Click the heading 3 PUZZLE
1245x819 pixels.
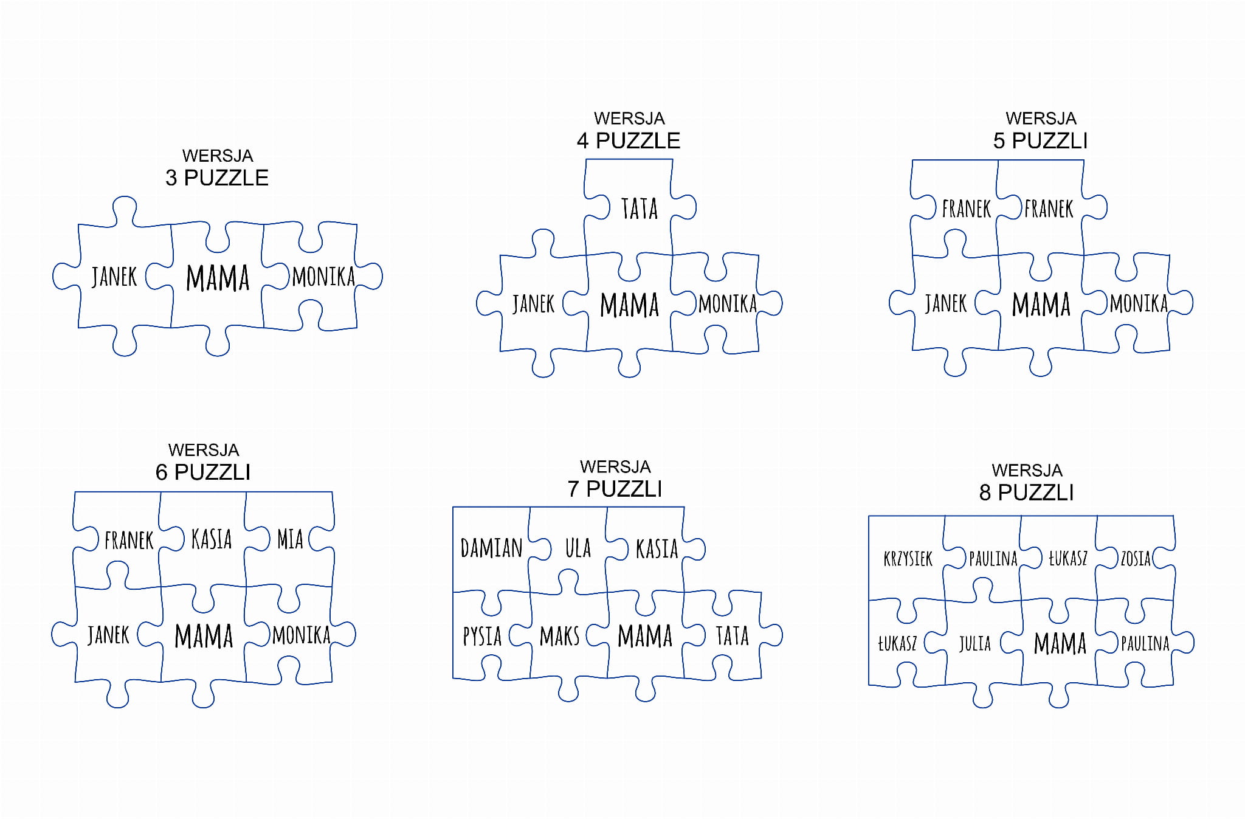click(x=217, y=178)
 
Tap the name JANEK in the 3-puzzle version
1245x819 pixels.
click(x=114, y=277)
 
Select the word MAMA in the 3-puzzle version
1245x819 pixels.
click(x=218, y=278)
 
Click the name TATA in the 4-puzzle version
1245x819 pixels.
click(x=640, y=209)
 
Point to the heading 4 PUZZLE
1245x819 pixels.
click(x=629, y=140)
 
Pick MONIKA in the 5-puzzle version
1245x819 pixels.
click(x=1139, y=303)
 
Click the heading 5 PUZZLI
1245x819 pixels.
click(x=1040, y=140)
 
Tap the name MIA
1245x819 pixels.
click(x=290, y=539)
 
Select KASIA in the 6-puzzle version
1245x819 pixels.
click(x=212, y=539)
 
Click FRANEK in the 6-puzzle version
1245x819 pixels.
click(x=129, y=540)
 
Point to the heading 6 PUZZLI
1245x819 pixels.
click(x=203, y=472)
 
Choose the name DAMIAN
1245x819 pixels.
click(x=491, y=548)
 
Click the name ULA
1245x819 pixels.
click(x=578, y=548)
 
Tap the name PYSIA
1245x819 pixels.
click(x=482, y=636)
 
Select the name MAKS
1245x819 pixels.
click(x=559, y=636)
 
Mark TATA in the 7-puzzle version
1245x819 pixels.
click(x=732, y=636)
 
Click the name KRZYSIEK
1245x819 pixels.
click(x=908, y=558)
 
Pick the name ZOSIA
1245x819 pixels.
click(x=1136, y=558)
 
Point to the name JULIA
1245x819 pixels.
click(x=974, y=643)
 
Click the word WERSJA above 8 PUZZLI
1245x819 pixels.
click(x=1027, y=470)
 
